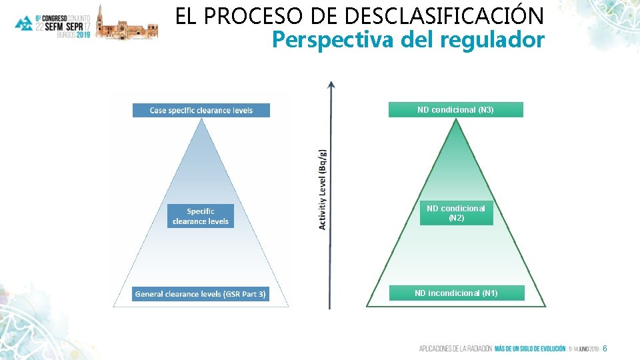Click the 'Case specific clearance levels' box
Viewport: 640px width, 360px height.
[201, 110]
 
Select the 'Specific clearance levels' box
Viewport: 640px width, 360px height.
[201, 216]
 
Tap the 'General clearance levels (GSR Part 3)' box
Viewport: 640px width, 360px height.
[201, 293]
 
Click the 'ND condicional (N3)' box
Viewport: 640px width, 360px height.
[456, 109]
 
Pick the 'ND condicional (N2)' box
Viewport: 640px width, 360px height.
[456, 213]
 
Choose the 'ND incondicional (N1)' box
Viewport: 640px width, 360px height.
[456, 293]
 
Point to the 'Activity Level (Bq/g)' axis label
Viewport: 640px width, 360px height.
[323, 189]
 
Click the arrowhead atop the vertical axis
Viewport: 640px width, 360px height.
[331, 85]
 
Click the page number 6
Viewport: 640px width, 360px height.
[605, 349]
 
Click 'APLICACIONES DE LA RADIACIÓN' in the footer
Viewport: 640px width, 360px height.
[455, 349]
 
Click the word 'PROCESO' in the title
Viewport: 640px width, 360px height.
[251, 15]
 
